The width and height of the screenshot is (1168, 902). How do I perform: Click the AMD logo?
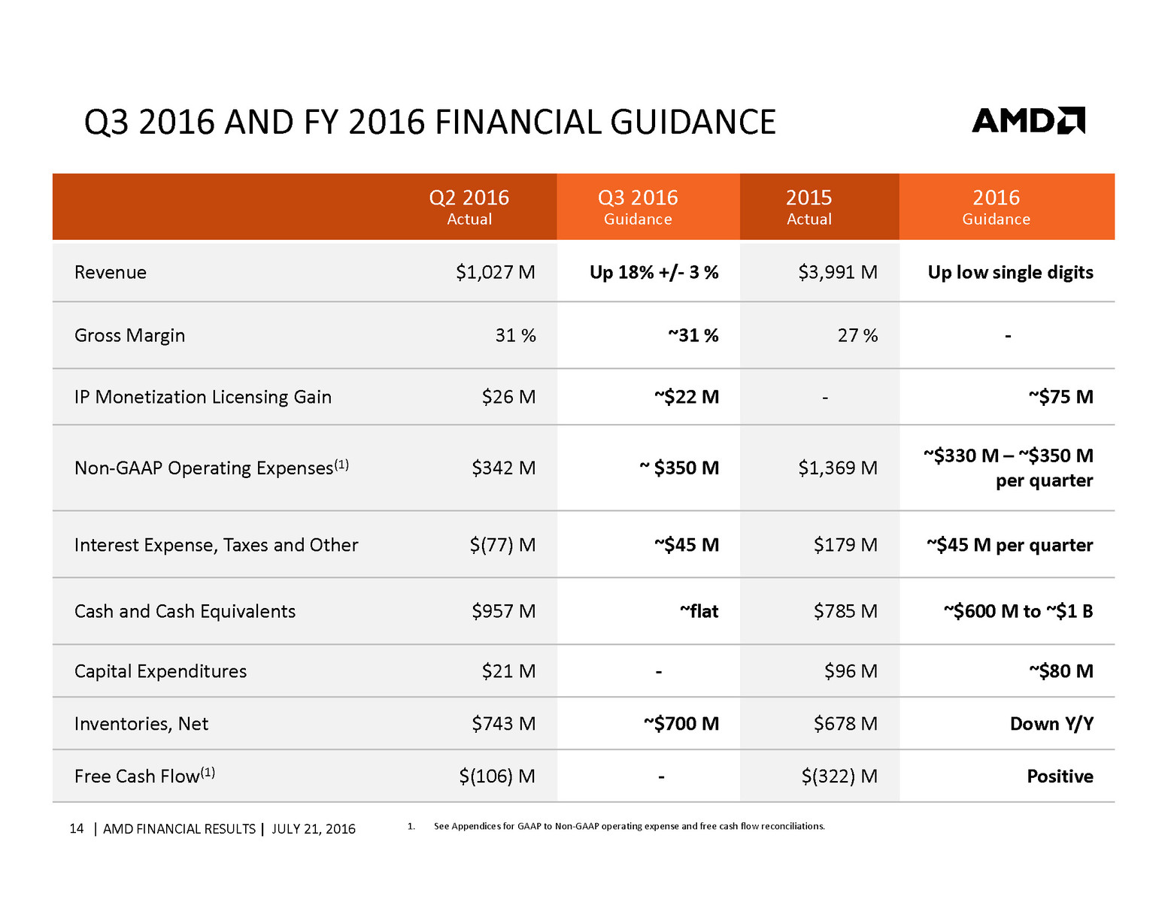click(x=1027, y=121)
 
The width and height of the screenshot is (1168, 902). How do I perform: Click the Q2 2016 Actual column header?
click(x=469, y=207)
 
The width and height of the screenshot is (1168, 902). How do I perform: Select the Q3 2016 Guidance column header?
click(x=638, y=207)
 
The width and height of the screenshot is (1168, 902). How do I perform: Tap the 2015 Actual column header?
click(x=808, y=207)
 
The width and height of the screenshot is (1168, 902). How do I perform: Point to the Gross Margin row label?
click(x=129, y=335)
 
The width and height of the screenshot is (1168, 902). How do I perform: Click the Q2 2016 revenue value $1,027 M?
click(x=495, y=272)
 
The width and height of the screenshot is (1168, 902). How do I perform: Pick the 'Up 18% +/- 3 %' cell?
click(x=654, y=272)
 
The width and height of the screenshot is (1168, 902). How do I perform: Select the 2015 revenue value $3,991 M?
click(x=837, y=272)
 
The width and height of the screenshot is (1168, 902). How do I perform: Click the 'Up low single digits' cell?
click(x=1010, y=272)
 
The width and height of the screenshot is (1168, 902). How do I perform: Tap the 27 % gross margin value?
click(x=857, y=335)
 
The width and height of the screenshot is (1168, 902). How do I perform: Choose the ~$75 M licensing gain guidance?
click(x=1060, y=397)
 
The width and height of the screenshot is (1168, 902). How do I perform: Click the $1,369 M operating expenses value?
click(x=837, y=468)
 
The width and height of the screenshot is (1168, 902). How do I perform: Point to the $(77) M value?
click(x=502, y=545)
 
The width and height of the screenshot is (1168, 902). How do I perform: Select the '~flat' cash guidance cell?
click(x=699, y=611)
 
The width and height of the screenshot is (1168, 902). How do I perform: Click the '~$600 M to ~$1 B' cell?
click(x=1018, y=611)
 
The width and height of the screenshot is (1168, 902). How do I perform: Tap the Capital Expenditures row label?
click(x=160, y=671)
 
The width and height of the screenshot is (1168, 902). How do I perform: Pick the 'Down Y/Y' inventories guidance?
click(x=1051, y=724)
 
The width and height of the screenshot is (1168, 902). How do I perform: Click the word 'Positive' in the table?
click(x=1060, y=776)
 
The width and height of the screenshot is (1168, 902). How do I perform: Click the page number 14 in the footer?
click(x=76, y=828)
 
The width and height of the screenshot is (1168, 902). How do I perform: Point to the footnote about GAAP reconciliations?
click(x=629, y=826)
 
